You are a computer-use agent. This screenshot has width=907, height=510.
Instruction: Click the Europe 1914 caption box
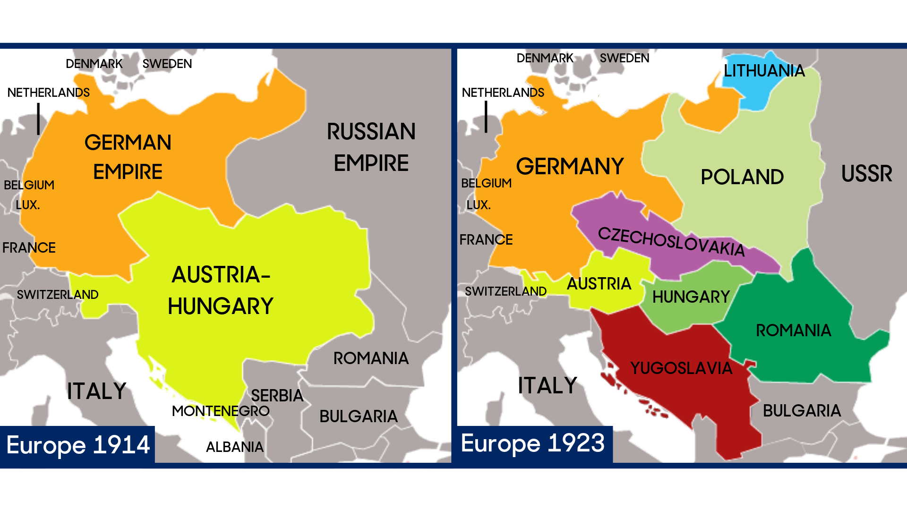tap(77, 445)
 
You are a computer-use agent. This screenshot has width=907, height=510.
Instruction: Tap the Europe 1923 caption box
tap(534, 444)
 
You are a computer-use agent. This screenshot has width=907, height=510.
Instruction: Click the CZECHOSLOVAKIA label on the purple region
tap(671, 241)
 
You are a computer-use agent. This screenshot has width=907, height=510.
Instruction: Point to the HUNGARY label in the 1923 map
tap(691, 297)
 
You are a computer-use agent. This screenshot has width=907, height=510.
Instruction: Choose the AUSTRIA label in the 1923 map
tap(599, 284)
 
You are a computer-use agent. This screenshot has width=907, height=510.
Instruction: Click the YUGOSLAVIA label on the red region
tap(681, 368)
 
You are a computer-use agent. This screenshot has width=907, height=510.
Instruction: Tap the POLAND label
tap(742, 178)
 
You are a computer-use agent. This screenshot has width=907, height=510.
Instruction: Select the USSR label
tap(866, 174)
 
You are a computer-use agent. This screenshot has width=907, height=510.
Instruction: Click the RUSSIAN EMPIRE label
tap(371, 147)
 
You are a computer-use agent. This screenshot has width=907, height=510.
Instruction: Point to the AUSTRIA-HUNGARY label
tap(221, 290)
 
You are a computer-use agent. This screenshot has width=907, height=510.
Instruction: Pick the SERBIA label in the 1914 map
tap(277, 396)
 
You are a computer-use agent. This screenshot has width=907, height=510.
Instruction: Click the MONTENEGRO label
tap(221, 411)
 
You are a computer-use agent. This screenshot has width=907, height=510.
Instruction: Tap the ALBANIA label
tap(235, 447)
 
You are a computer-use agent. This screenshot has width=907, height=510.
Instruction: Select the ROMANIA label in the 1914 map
tap(371, 358)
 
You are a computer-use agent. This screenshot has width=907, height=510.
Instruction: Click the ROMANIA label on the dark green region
tap(793, 331)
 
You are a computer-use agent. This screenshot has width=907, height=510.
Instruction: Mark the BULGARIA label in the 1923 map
tap(802, 411)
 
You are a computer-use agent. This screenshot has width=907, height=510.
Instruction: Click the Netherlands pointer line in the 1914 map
tap(38, 119)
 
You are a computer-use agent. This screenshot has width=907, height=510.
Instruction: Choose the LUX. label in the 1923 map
tap(479, 205)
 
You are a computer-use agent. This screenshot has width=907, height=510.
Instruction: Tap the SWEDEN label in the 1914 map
tap(167, 64)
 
